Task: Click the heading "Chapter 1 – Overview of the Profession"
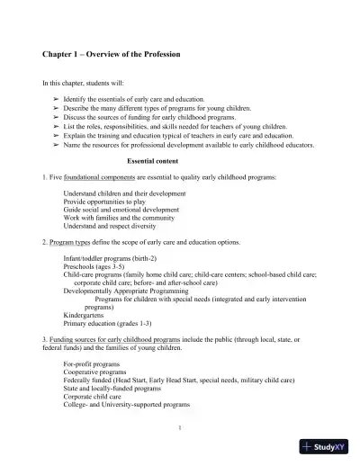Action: coord(112,54)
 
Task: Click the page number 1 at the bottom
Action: coord(180,426)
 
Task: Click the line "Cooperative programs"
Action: coord(94,372)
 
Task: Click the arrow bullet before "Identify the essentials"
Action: coord(57,98)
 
